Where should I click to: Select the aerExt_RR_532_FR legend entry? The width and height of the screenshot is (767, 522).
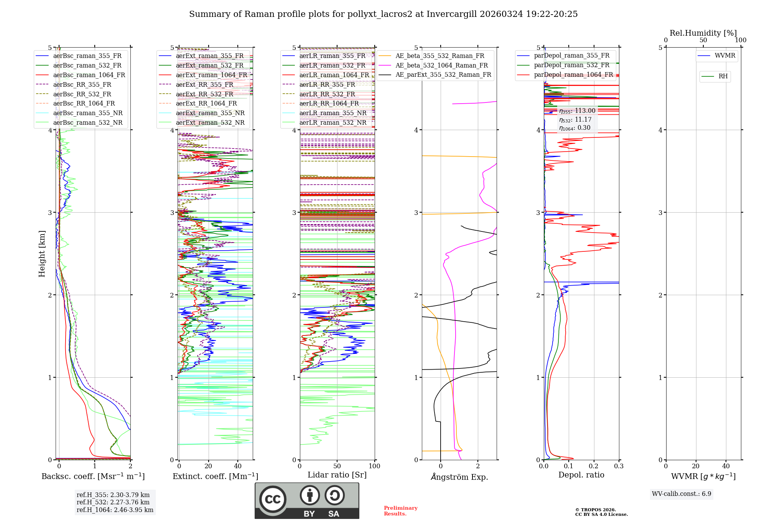tap(204, 94)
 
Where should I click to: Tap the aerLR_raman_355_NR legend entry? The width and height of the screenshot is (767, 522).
tap(332, 113)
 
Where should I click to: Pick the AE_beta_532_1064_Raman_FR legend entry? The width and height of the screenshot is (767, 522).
tap(441, 65)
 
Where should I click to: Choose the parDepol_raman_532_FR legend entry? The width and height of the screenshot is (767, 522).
tap(571, 65)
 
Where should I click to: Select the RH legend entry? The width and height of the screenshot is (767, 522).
tap(723, 76)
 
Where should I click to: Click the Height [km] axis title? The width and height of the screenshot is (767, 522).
tap(42, 254)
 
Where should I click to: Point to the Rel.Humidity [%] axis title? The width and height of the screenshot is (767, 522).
tap(703, 33)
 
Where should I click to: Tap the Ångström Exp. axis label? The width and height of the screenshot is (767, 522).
tap(459, 477)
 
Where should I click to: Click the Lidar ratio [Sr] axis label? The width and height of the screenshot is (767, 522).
tap(337, 475)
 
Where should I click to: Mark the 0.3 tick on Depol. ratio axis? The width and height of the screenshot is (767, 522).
tap(619, 466)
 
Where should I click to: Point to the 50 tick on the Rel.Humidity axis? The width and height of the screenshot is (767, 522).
tap(703, 40)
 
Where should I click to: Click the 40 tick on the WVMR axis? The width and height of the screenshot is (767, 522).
tap(726, 466)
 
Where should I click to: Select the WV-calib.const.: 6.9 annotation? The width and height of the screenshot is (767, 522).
tap(681, 494)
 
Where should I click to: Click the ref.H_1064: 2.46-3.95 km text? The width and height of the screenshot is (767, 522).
tap(115, 510)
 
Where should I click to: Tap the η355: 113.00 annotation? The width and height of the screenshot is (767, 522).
tap(577, 111)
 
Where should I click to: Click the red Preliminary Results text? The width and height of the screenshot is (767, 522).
tap(400, 511)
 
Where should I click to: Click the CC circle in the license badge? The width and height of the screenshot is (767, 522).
tap(273, 499)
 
